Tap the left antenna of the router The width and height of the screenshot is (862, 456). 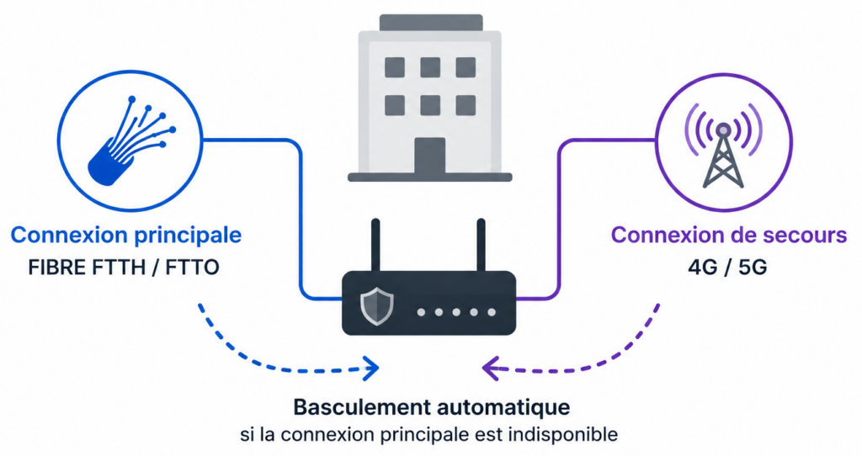[375, 245]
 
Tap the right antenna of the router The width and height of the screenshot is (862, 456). [481, 245]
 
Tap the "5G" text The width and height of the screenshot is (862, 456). [753, 268]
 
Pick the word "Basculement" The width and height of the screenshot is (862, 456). [361, 408]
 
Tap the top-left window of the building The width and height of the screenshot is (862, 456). [395, 67]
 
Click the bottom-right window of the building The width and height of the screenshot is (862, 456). [466, 105]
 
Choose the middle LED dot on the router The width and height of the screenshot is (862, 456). [456, 312]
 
